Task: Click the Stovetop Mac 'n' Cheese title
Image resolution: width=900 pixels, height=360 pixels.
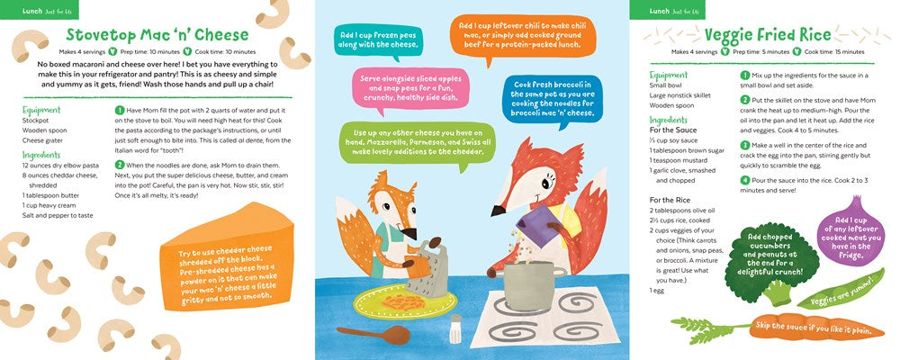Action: (x=157, y=34)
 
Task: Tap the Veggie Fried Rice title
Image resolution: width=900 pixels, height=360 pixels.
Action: (x=768, y=34)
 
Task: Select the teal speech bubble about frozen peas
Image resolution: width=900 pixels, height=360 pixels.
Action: (x=378, y=40)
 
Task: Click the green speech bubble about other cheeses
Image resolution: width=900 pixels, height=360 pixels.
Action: (x=418, y=143)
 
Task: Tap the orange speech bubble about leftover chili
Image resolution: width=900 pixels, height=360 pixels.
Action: (x=523, y=37)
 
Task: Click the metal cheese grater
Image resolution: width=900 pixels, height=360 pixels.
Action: (x=428, y=269)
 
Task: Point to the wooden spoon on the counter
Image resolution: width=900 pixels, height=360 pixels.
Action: (x=373, y=334)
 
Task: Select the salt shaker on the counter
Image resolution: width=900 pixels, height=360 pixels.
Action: (x=455, y=328)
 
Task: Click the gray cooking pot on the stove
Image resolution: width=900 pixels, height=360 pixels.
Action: (x=527, y=284)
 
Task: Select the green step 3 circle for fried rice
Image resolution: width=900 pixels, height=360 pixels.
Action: (x=745, y=145)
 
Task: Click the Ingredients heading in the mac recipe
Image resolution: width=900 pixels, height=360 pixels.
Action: (x=41, y=155)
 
